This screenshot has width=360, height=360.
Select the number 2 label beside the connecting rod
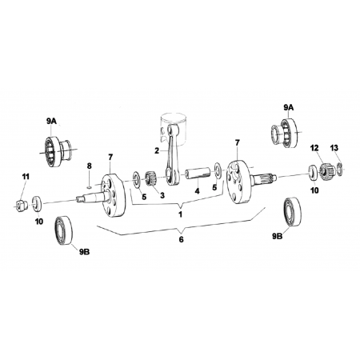[158, 150]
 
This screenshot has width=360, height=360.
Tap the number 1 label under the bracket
[181, 214]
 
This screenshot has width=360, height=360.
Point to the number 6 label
[181, 239]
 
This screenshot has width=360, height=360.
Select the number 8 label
[90, 165]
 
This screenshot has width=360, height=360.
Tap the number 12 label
[314, 147]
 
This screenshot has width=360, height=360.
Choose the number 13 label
[334, 147]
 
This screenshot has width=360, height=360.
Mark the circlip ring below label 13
[339, 167]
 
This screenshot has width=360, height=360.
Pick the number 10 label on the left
[39, 222]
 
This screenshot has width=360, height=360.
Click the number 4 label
[197, 192]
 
